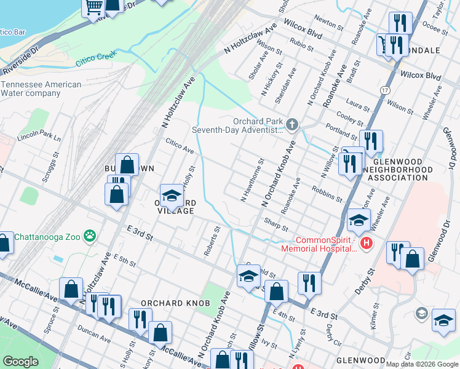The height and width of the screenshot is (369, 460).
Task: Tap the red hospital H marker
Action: point(367,244)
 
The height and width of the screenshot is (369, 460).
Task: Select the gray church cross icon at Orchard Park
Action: point(291,125)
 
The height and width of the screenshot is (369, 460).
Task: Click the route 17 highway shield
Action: point(384,90)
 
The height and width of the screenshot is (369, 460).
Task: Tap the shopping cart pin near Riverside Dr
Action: point(94,7)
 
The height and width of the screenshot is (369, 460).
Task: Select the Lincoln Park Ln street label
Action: point(39,135)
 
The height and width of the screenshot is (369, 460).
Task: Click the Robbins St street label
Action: point(327,194)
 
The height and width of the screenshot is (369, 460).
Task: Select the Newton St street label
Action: point(331,24)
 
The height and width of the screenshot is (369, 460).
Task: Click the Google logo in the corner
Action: point(21,362)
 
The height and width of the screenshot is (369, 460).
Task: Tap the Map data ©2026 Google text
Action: point(422,364)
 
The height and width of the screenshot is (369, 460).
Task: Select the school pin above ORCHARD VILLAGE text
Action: point(172,195)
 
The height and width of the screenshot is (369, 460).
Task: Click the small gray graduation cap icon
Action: point(421,314)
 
